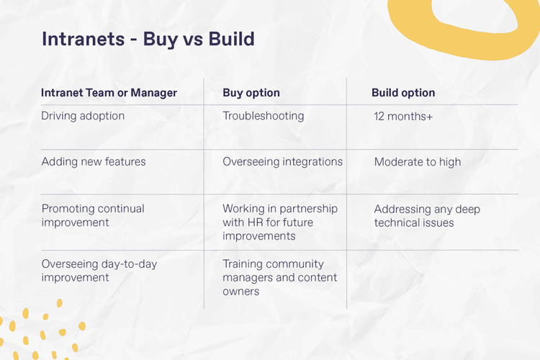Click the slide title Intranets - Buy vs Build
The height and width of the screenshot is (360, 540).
(148, 39)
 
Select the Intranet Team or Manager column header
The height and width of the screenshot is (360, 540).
(109, 93)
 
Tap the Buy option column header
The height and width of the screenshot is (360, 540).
(251, 93)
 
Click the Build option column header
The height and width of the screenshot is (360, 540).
(403, 93)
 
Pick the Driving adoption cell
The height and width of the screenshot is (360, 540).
(83, 116)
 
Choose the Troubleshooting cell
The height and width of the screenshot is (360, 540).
(264, 116)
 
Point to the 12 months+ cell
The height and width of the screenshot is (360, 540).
(403, 117)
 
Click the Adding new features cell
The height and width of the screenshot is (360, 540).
(94, 162)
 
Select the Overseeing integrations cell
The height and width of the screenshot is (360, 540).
(282, 162)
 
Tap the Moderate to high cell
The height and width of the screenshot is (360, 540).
(418, 163)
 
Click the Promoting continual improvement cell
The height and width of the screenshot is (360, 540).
(93, 215)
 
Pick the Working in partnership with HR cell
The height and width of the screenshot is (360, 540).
(279, 222)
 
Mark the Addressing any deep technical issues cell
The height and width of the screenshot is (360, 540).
(427, 216)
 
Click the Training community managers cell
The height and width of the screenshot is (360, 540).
(279, 277)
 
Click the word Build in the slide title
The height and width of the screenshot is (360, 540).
(232, 39)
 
